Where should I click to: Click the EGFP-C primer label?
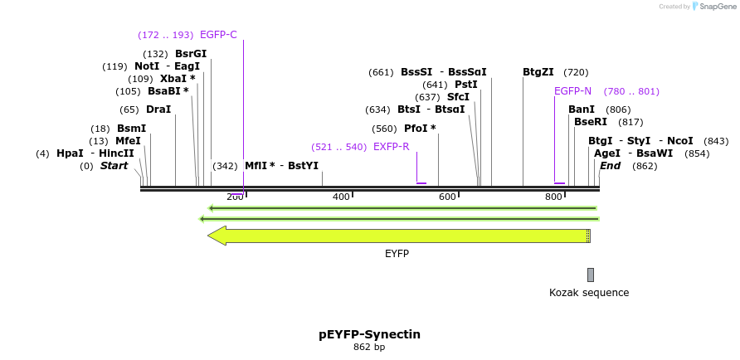(218, 35)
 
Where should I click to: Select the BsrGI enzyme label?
(191, 54)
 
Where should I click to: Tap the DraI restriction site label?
(158, 109)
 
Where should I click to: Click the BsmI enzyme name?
(131, 129)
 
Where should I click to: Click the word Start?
(114, 166)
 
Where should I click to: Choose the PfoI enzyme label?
(416, 129)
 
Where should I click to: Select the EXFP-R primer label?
(392, 147)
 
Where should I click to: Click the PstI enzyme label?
(466, 85)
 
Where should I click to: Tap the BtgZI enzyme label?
(538, 72)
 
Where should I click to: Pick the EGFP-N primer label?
(572, 91)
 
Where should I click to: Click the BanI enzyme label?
(582, 109)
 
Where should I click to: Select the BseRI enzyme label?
(591, 122)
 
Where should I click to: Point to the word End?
(611, 166)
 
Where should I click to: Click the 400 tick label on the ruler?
(341, 197)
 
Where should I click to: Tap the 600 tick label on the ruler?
(447, 197)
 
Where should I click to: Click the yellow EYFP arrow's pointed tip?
(210, 236)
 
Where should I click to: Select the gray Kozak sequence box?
(591, 275)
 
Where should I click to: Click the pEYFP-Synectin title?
(369, 334)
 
